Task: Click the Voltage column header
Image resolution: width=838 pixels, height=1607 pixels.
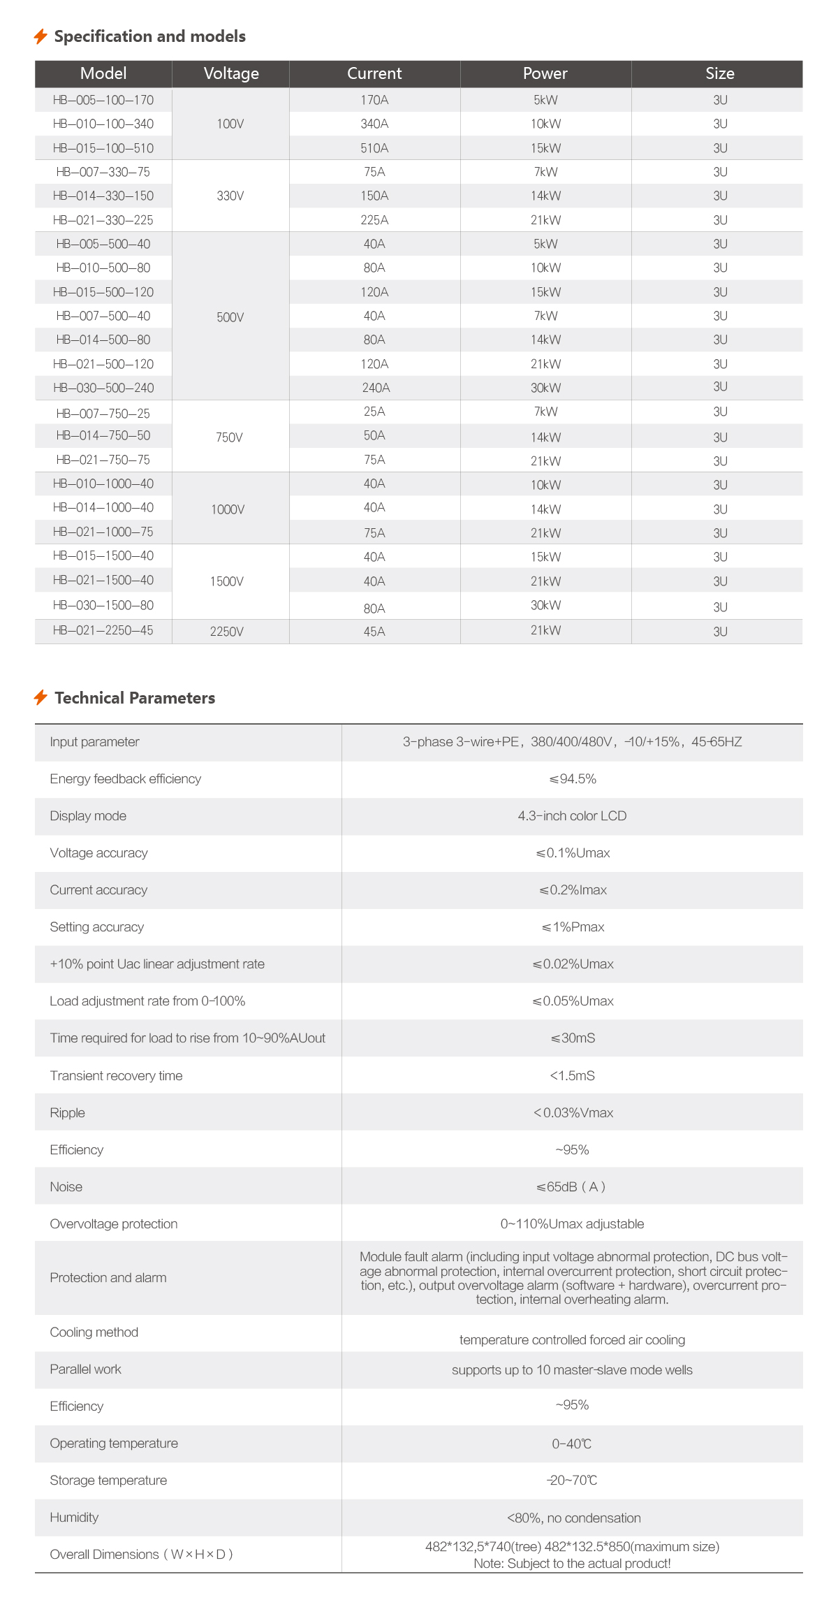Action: tap(231, 73)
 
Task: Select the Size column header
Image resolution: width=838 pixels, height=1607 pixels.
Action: tap(719, 73)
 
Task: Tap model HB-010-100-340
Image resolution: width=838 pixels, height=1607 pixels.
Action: tap(103, 124)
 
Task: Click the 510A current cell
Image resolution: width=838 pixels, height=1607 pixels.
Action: tap(374, 148)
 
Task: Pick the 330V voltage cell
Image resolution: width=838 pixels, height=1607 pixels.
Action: tap(230, 196)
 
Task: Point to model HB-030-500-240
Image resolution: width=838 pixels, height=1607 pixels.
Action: tap(103, 388)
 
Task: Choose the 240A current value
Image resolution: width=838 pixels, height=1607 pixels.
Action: tap(376, 388)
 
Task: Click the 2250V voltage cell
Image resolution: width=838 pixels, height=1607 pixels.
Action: tap(227, 632)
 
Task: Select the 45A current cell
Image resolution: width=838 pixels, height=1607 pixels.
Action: tap(374, 632)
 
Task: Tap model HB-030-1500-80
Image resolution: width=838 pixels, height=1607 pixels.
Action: tap(103, 605)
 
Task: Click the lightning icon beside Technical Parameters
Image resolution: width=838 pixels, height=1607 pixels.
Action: tap(41, 697)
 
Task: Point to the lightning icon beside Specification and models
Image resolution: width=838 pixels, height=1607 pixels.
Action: tap(41, 36)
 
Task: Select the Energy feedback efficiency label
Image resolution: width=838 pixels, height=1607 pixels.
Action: tap(126, 779)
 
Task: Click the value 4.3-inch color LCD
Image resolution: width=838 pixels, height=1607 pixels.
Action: tap(572, 816)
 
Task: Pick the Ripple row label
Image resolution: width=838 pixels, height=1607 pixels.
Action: tap(68, 1113)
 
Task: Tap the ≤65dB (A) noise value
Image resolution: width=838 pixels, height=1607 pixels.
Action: tap(571, 1187)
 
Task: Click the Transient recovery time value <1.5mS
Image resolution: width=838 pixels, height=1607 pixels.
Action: tap(572, 1076)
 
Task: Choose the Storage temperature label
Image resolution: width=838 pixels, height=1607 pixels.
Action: tap(108, 1481)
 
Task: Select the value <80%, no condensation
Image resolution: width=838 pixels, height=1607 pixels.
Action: tap(573, 1518)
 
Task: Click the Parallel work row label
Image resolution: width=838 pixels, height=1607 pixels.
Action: tap(86, 1369)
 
